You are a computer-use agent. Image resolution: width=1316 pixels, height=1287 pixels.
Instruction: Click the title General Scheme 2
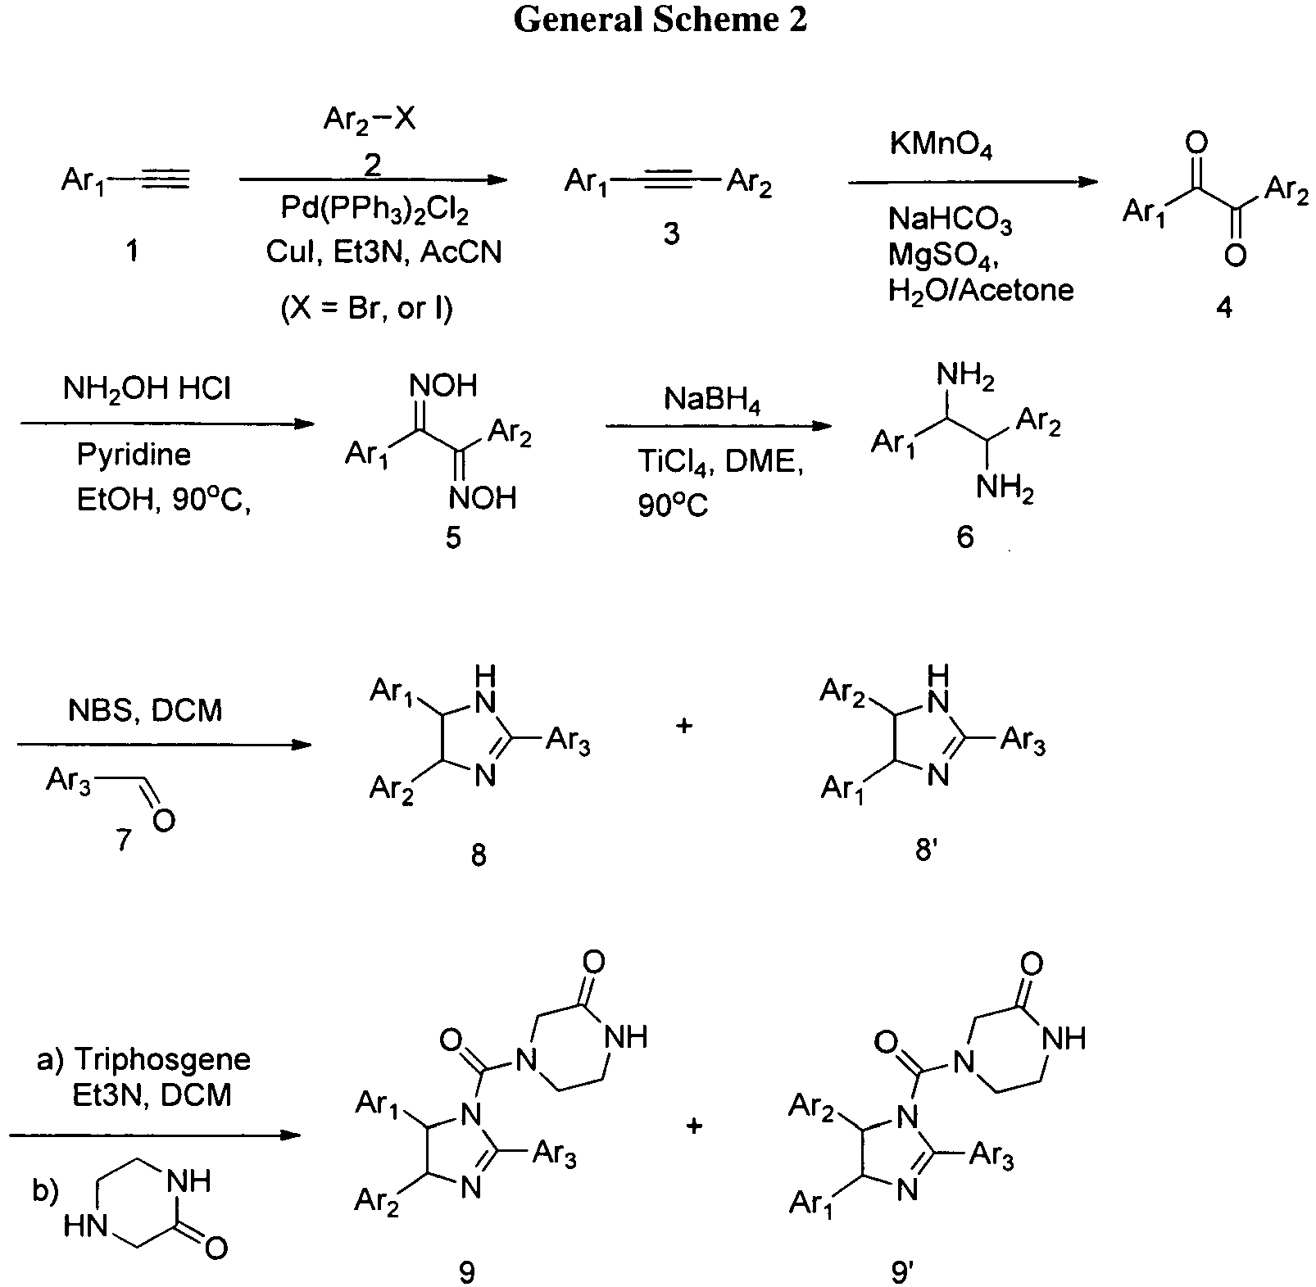(660, 20)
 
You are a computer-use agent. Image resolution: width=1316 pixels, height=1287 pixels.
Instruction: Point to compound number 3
(671, 233)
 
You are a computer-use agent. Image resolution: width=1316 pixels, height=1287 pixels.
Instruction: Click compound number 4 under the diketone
(1224, 308)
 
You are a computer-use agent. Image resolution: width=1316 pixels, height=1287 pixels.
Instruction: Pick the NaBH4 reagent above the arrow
(712, 401)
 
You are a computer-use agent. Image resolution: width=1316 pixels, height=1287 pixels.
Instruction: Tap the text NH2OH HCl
(147, 388)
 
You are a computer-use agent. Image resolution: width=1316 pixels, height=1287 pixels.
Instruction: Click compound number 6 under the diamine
(964, 537)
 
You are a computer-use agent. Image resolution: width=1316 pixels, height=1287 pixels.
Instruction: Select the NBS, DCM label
(145, 709)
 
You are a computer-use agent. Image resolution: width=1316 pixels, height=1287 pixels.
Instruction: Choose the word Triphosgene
(162, 1059)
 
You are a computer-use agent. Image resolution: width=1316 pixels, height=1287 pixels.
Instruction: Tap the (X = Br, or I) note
(366, 308)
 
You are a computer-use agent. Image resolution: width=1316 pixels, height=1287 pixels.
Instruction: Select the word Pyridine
(134, 454)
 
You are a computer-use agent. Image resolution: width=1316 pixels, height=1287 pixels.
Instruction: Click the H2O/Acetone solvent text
(981, 290)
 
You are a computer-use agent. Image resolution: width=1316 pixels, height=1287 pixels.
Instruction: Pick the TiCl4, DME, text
(721, 464)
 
